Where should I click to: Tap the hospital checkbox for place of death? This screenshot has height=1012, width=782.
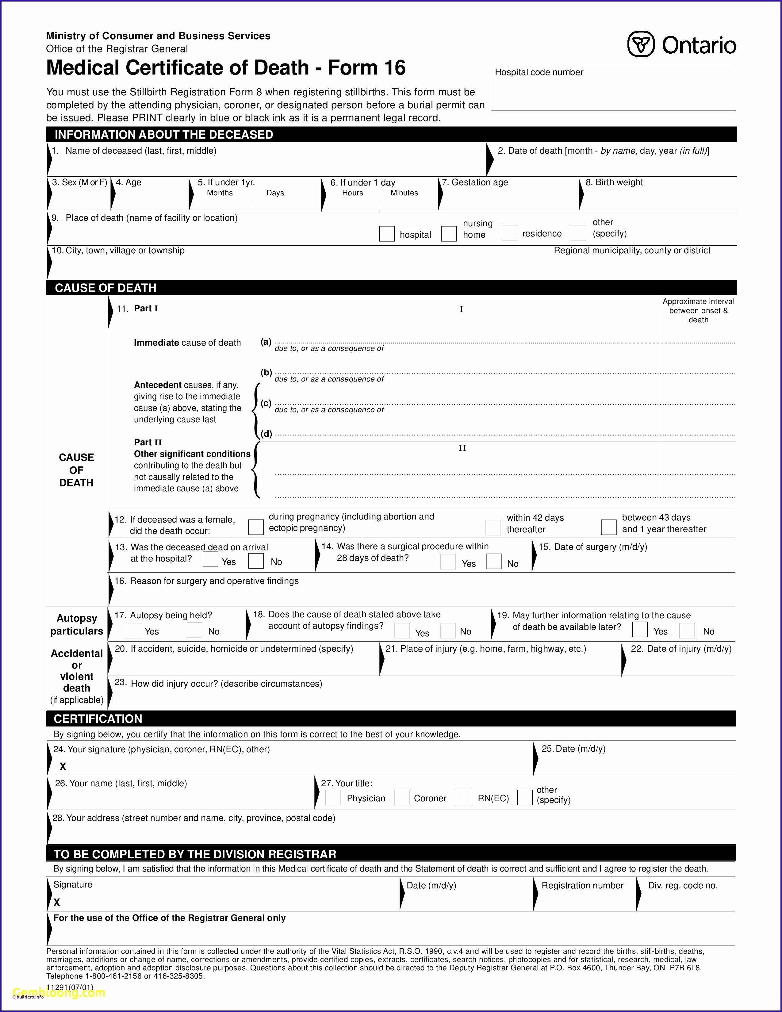click(x=387, y=234)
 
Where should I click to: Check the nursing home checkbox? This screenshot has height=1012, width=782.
click(x=448, y=234)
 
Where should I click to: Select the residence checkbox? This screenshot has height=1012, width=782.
click(x=510, y=233)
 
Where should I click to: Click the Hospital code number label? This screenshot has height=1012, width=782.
click(x=539, y=72)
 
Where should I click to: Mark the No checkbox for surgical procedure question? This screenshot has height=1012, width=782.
click(x=494, y=562)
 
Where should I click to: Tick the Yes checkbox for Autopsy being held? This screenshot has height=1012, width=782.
click(x=134, y=631)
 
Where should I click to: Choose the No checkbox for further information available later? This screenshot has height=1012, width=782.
click(x=687, y=631)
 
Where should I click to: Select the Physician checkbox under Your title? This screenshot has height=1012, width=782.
click(x=333, y=797)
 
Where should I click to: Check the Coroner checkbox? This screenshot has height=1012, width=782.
click(x=402, y=797)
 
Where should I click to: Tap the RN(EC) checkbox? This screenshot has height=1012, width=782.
click(x=464, y=797)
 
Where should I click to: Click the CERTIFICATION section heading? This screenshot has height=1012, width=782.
click(x=98, y=719)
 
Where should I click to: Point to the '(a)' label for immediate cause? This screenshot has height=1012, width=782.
click(x=266, y=342)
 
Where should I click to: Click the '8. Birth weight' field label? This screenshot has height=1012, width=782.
click(x=614, y=182)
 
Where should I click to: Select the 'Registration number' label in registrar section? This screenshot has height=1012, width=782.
click(x=582, y=886)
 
